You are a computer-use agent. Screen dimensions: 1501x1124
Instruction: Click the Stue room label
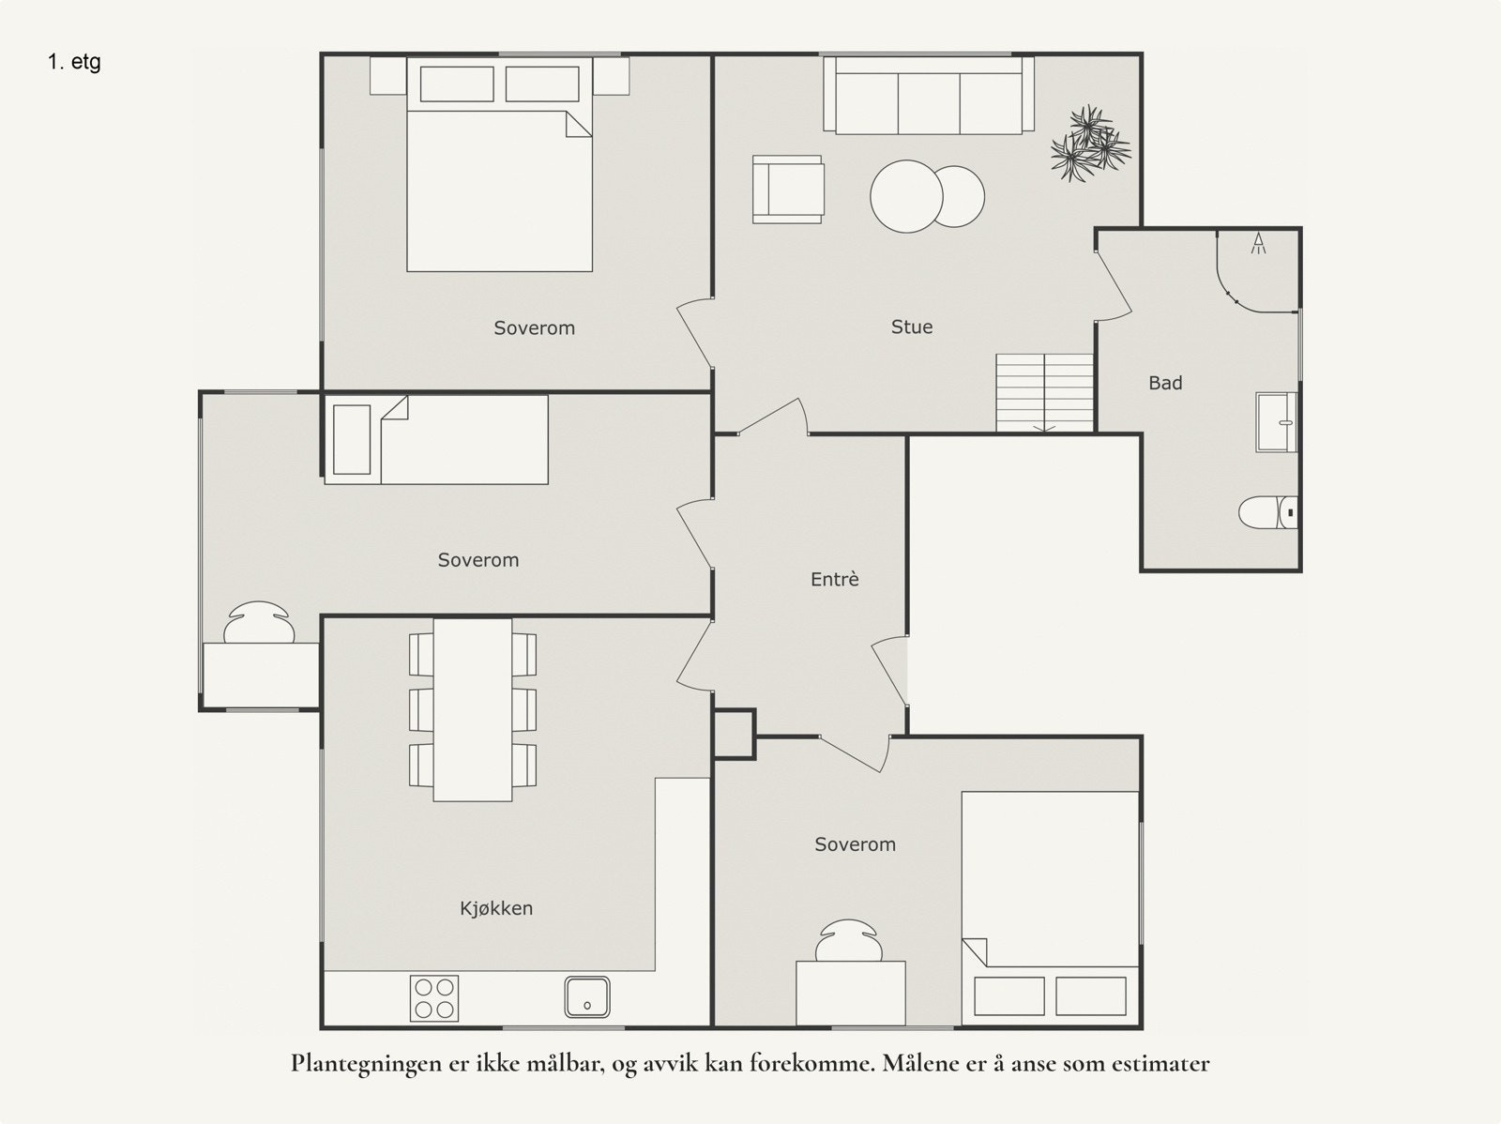[912, 327]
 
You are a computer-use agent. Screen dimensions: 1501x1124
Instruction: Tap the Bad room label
[1165, 383]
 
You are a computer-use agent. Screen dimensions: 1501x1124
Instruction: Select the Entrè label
[834, 579]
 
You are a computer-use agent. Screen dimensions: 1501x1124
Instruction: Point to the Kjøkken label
[495, 908]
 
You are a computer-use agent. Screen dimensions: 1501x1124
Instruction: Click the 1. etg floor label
[74, 62]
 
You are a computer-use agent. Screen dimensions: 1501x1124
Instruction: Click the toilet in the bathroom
[1267, 512]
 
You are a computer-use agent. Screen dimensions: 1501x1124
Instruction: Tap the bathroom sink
[1276, 422]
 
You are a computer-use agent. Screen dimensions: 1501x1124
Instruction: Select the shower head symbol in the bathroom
[1258, 243]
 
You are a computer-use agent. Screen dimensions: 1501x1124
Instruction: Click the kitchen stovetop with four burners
[434, 998]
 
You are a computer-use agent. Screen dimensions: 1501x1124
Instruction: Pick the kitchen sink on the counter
[586, 997]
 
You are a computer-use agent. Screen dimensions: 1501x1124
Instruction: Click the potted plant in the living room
[1089, 144]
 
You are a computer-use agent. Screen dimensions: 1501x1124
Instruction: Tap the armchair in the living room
[788, 190]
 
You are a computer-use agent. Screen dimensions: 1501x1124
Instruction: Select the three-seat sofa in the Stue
[929, 95]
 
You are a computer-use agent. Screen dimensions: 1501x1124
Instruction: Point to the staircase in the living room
[1044, 392]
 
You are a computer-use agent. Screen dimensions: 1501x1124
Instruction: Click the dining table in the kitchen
[473, 709]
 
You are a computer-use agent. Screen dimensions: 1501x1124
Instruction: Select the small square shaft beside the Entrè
[735, 735]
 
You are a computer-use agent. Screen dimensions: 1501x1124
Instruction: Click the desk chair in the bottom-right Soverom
[848, 940]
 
